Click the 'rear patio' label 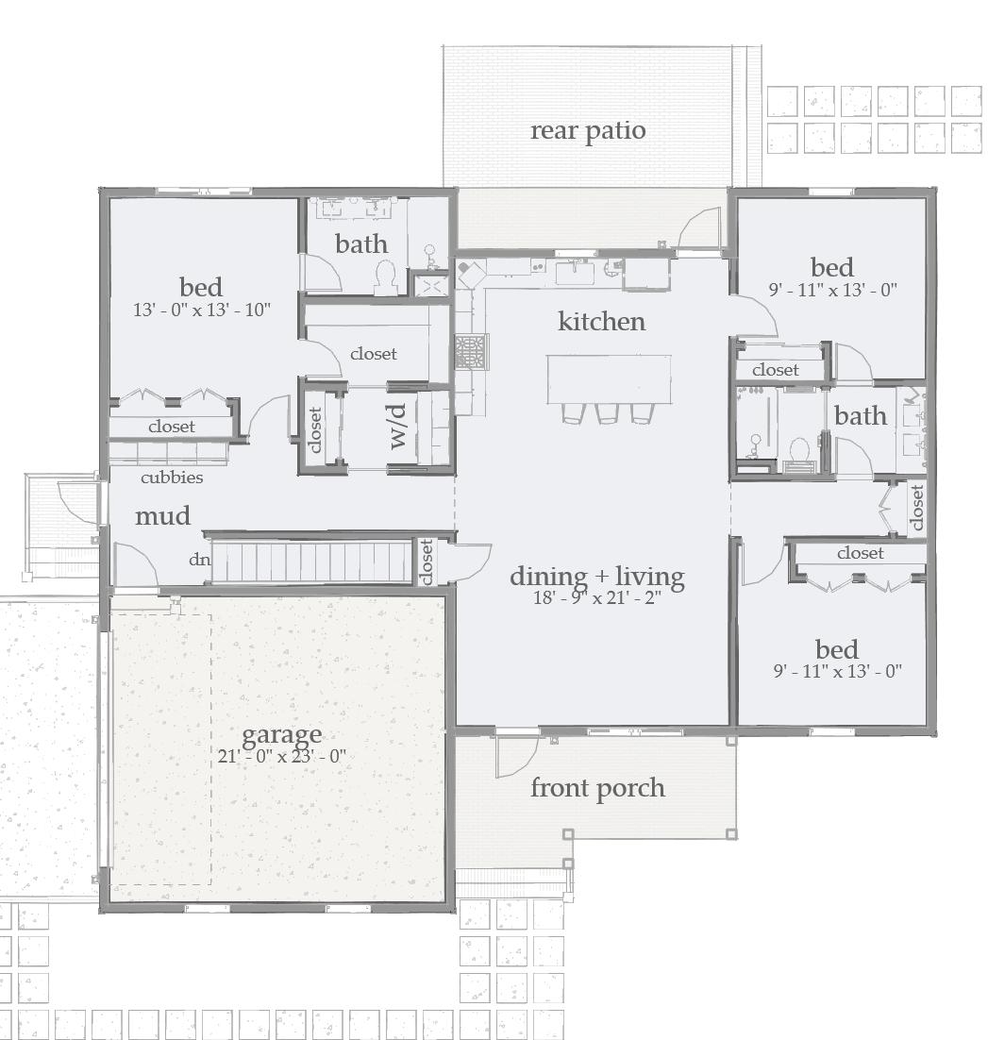588,130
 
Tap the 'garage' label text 281,734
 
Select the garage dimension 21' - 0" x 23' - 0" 281,756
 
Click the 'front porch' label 597,788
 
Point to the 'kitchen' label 602,322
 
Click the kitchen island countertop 609,377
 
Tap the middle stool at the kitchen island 607,412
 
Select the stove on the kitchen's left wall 470,351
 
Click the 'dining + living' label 597,577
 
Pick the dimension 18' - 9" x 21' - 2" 597,596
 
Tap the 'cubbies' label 172,478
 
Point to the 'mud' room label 162,516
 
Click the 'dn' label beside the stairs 198,560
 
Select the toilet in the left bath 385,277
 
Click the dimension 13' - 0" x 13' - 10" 202,309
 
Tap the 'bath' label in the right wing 860,416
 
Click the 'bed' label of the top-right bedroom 831,268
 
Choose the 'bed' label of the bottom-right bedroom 836,650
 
